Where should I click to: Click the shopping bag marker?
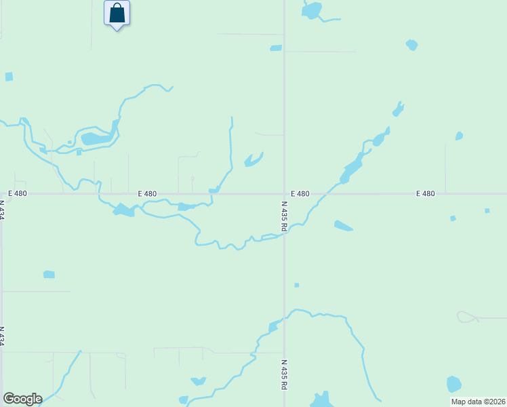coord(117,14)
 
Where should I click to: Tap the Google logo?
coord(22,399)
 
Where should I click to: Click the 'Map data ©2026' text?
coord(478,402)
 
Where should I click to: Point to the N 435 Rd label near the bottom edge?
coord(284,374)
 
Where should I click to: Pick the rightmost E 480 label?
coord(425,193)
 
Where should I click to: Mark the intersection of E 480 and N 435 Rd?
coord(284,193)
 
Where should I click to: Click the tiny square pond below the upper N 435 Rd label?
coord(296,285)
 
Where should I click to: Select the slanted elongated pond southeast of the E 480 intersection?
coord(343,226)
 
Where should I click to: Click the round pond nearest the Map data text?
coord(453,383)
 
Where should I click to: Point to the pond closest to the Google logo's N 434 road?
coord(49,274)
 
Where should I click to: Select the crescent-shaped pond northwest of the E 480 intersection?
coord(253,160)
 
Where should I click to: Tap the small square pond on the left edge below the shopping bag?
coord(9,77)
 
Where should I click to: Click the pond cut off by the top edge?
coord(311,10)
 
